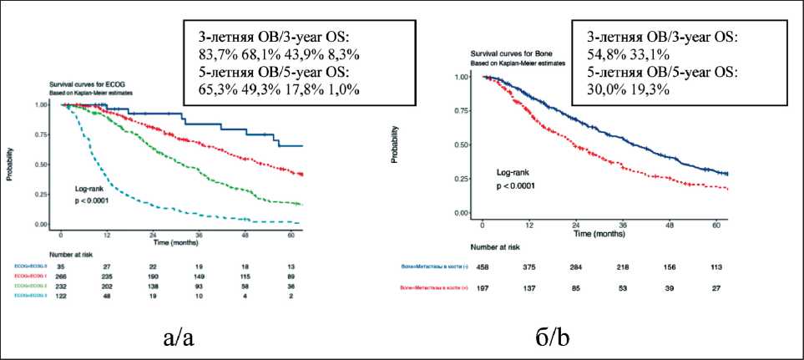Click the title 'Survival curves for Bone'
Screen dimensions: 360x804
[x=519, y=53]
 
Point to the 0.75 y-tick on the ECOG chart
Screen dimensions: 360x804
[x=42, y=135]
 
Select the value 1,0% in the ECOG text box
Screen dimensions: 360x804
[x=340, y=90]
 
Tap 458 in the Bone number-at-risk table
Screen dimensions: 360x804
[x=483, y=268]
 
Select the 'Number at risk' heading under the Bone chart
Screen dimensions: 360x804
[x=501, y=247]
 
